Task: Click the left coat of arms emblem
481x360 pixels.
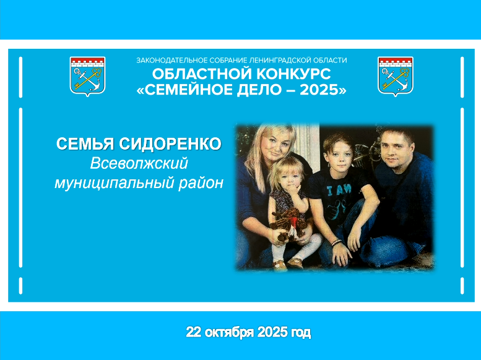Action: pos(88,76)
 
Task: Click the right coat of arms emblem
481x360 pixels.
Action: pos(396,76)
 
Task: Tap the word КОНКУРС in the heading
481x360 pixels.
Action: pos(293,74)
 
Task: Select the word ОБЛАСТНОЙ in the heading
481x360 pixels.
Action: pos(202,74)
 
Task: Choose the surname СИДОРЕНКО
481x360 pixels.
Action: pos(170,144)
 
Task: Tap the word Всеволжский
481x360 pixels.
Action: pos(139,163)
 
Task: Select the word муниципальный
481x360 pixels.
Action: pos(114,184)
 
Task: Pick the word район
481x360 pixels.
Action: pos(201,184)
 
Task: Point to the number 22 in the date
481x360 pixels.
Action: pos(193,332)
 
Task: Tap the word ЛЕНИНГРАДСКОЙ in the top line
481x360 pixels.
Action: pos(275,61)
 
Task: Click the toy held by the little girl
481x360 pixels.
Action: pos(287,225)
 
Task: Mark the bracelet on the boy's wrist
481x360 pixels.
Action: pos(336,242)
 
